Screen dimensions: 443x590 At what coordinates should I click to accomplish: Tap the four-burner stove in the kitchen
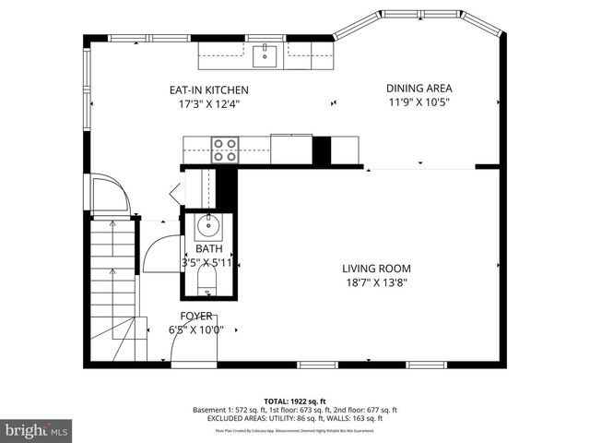(x=225, y=150)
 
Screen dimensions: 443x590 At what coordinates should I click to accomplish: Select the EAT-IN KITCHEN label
(x=208, y=90)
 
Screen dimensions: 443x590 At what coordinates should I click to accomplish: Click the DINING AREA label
(x=419, y=89)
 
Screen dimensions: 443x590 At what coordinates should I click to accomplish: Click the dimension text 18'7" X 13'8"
(x=378, y=282)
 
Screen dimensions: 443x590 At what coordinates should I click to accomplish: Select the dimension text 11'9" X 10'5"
(x=418, y=102)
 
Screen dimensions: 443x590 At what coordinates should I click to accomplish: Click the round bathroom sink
(x=208, y=224)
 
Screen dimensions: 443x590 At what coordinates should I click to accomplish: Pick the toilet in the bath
(x=207, y=281)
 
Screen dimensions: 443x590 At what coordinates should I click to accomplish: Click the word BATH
(x=208, y=249)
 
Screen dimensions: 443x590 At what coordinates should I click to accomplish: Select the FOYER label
(x=195, y=316)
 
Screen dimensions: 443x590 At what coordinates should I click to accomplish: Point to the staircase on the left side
(x=114, y=286)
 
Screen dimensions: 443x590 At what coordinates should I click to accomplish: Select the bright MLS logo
(x=36, y=430)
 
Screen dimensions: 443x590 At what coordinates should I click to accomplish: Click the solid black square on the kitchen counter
(x=322, y=150)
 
